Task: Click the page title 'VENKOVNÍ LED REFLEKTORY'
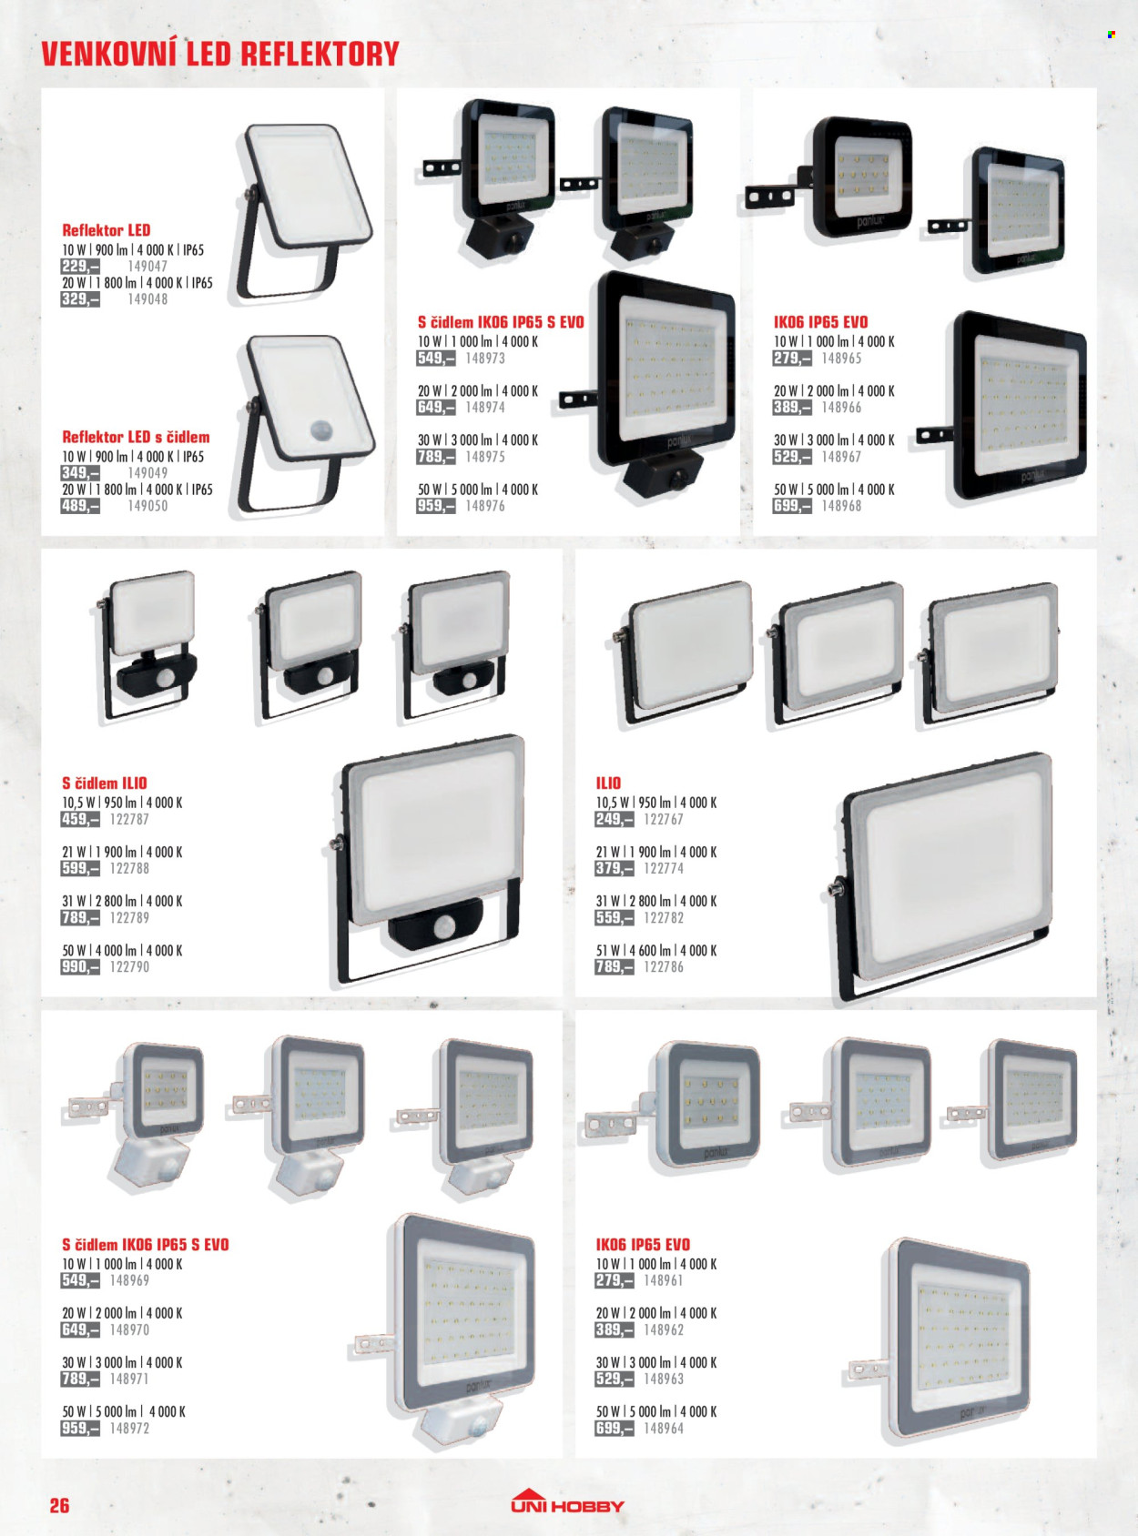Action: pos(219,54)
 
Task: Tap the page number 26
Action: pos(59,1506)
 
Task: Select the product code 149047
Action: pos(147,266)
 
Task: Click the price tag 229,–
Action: pos(80,266)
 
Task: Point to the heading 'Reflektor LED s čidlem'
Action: pos(136,437)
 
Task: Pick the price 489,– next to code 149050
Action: pos(80,506)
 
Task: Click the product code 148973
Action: pos(485,358)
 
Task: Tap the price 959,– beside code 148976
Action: pos(436,506)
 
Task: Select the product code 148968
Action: pos(841,506)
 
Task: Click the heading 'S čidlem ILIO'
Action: pos(105,783)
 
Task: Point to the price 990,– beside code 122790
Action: pos(80,966)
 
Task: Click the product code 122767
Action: pos(664,819)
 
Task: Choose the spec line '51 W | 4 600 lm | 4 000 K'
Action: pos(656,950)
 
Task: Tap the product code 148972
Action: pos(129,1428)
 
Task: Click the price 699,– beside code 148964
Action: pos(615,1428)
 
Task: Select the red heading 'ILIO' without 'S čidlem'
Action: pos(608,783)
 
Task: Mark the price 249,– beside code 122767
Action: pos(615,819)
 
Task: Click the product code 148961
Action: pos(664,1280)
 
